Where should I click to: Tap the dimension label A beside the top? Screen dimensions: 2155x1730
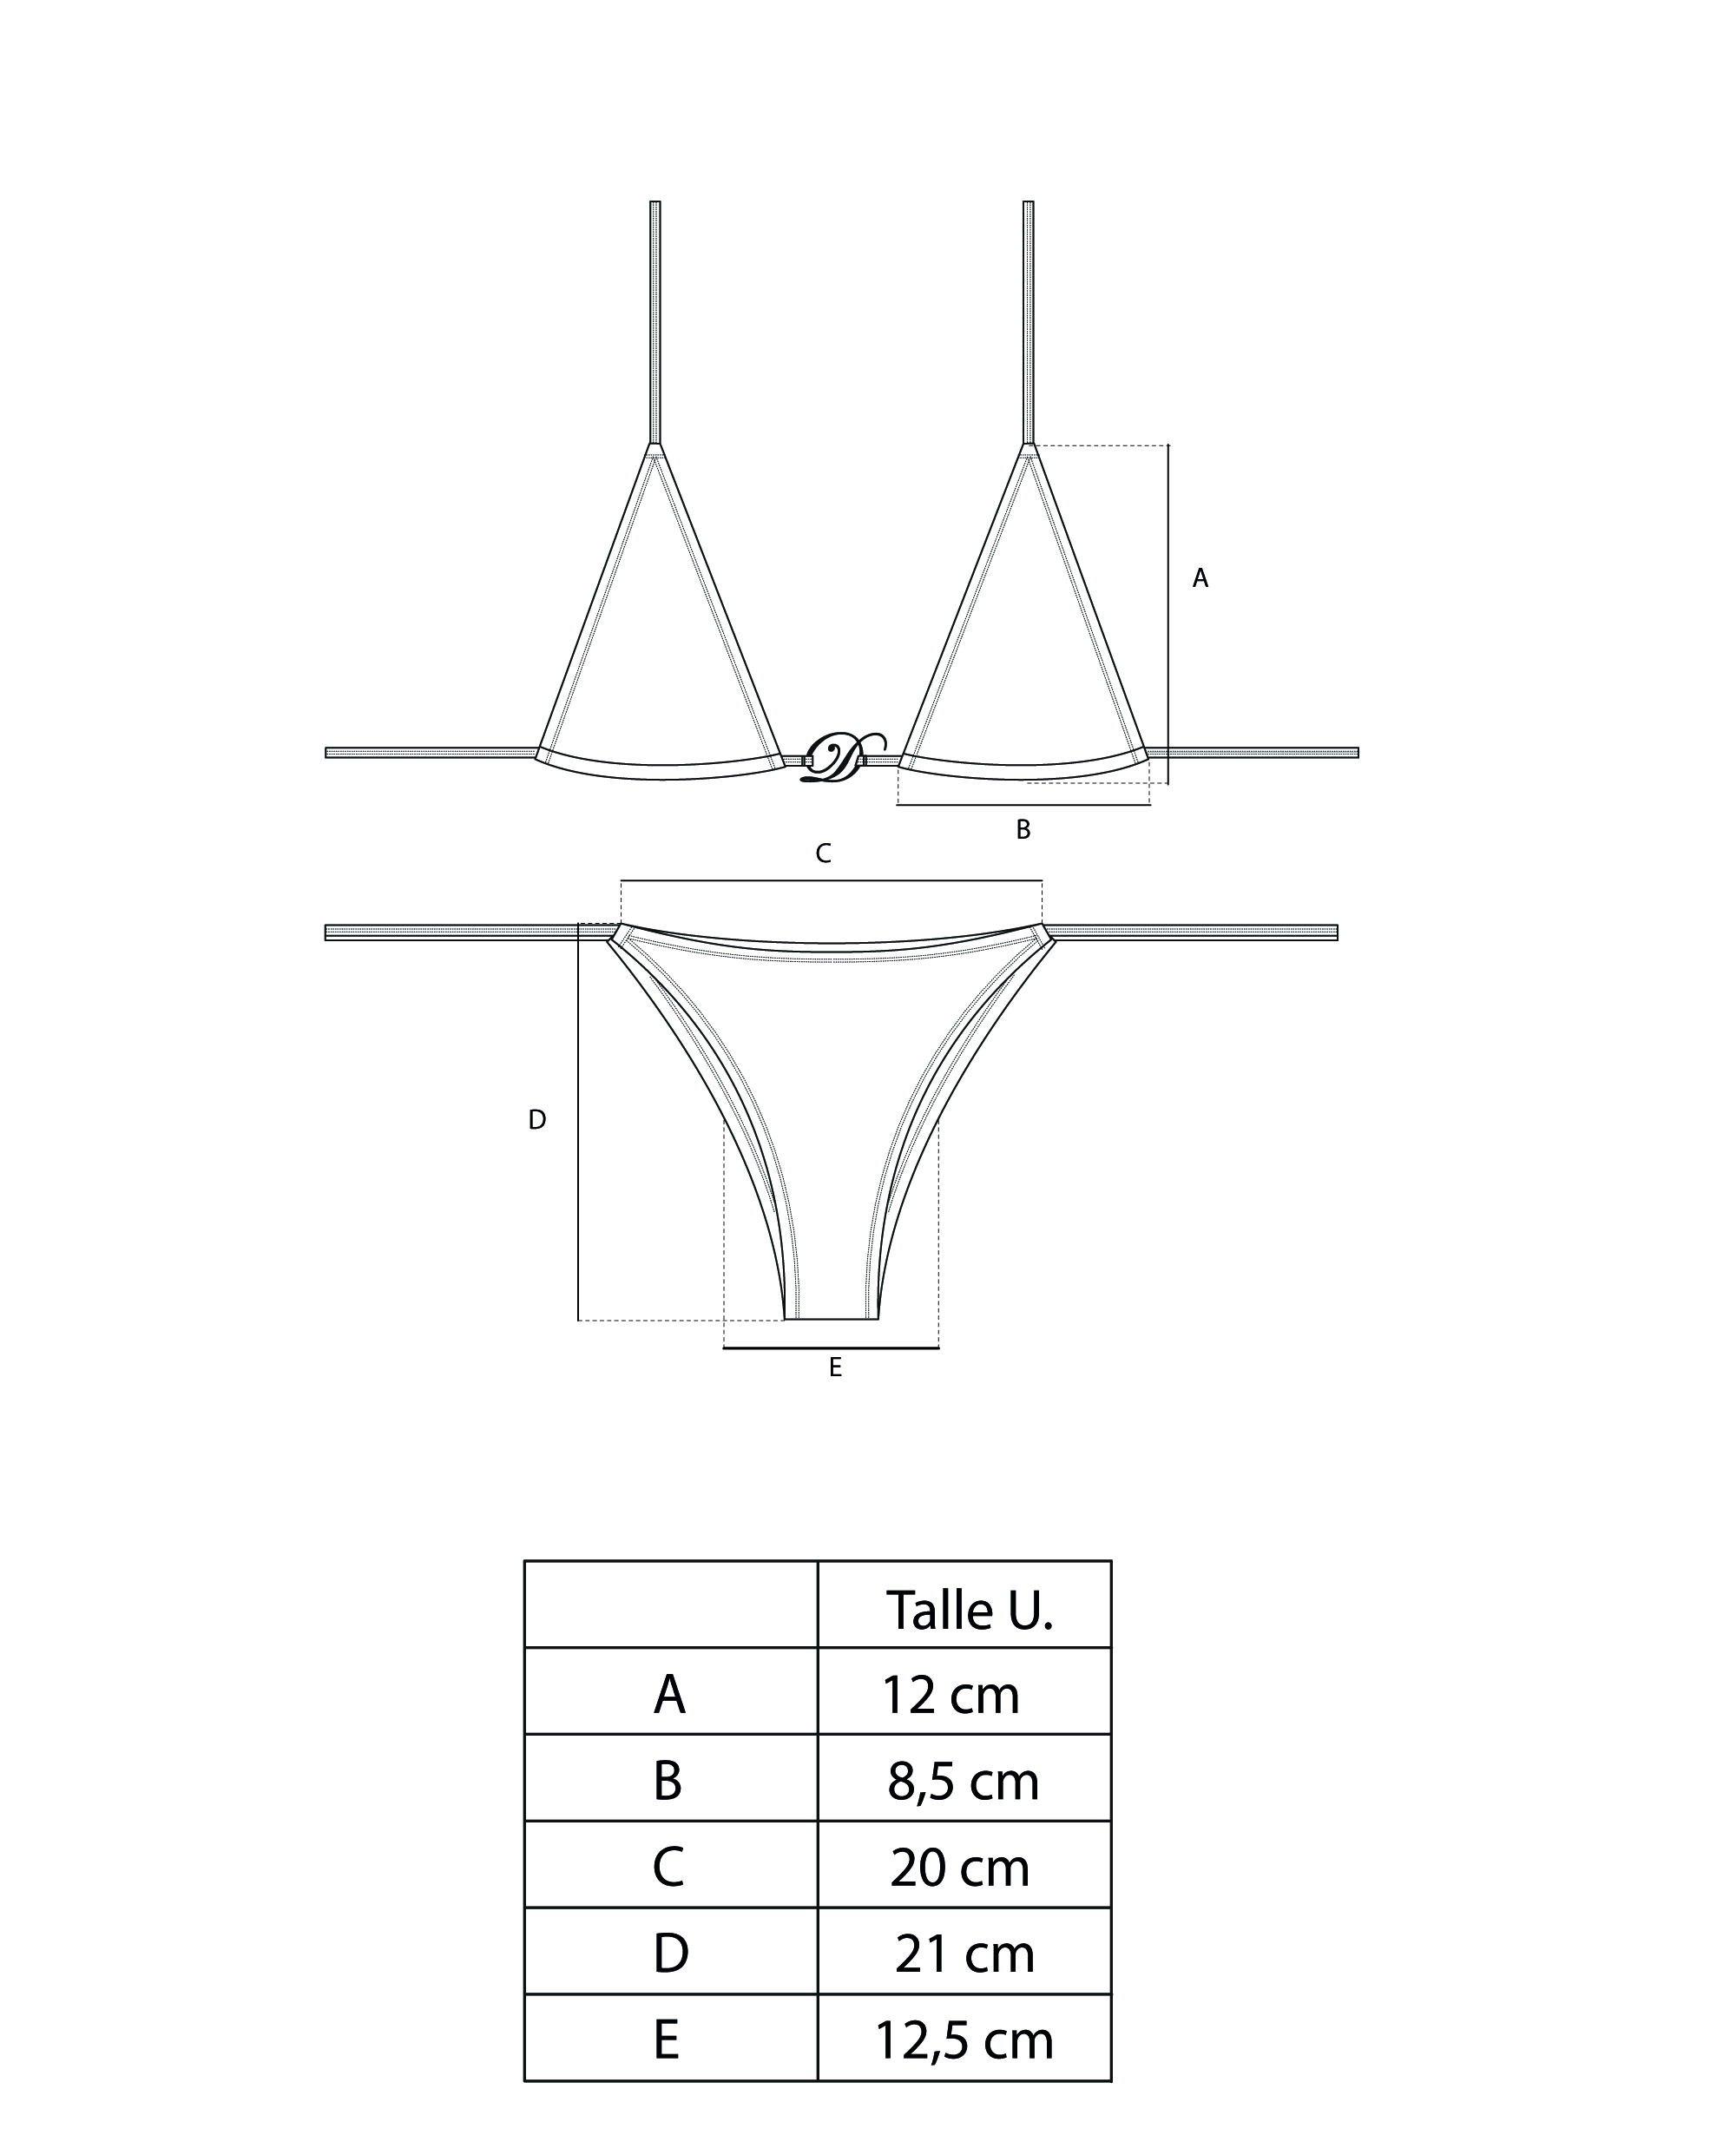tap(1200, 577)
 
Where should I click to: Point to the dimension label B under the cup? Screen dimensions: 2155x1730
tap(1023, 828)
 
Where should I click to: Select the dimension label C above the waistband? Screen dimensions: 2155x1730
tap(823, 853)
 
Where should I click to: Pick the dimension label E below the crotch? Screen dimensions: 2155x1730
tap(836, 1367)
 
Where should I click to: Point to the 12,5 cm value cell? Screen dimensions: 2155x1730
tap(964, 2040)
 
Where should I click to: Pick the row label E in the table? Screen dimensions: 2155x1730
tap(667, 2040)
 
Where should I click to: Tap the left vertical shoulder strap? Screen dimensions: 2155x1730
tap(655, 320)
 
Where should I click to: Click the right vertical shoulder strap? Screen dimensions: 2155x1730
tap(1029, 320)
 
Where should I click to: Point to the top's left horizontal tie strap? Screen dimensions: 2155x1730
tap(430, 753)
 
